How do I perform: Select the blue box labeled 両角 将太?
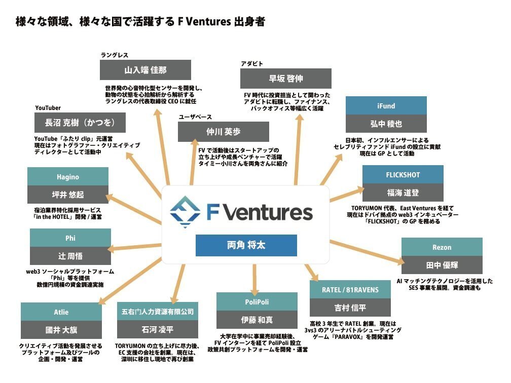246,245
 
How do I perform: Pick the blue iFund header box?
386,106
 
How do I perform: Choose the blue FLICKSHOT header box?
403,175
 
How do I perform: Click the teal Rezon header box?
442,247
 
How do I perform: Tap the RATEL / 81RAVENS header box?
351,289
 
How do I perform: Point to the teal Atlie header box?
61,312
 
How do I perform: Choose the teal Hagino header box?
67,177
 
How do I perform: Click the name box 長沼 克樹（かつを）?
80,123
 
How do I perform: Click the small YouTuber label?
48,108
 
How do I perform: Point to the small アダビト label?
252,63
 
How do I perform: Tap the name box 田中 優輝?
442,265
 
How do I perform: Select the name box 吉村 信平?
351,307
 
